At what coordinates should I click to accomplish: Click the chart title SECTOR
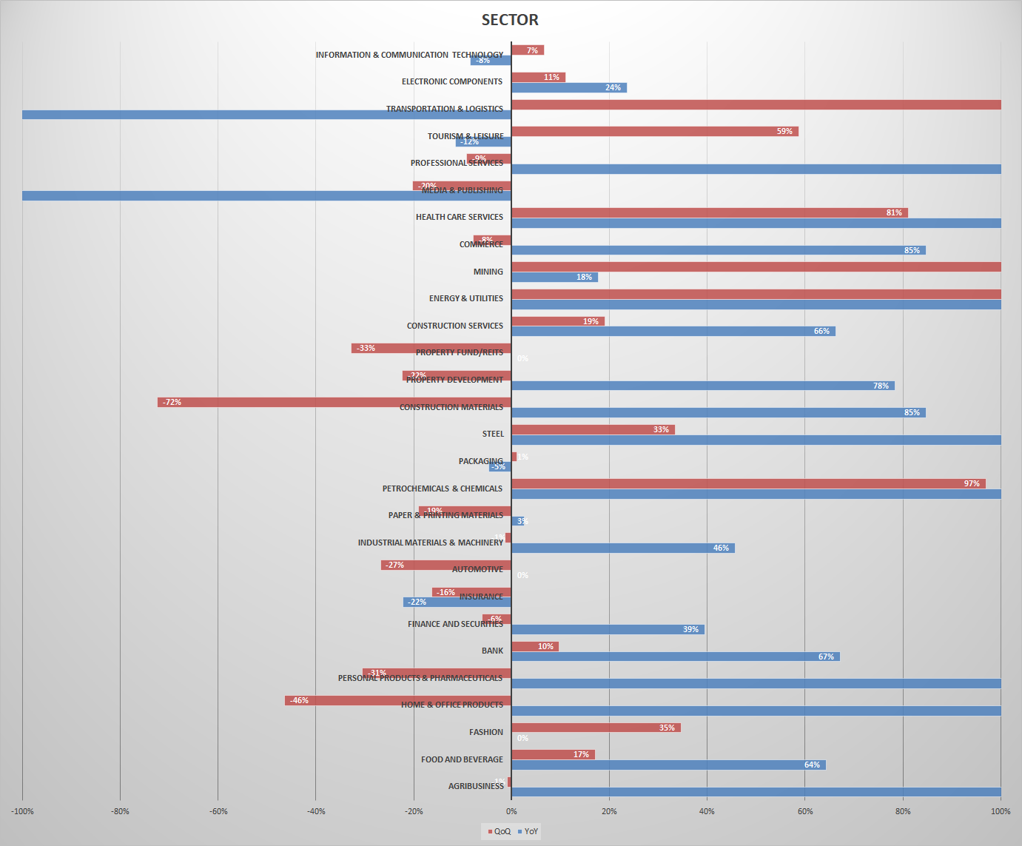[x=510, y=20]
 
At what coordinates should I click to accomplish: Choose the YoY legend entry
[x=528, y=831]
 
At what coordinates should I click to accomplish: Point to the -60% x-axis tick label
[x=218, y=811]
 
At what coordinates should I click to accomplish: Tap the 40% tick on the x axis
[x=707, y=811]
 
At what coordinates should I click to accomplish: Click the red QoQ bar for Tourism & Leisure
[x=654, y=132]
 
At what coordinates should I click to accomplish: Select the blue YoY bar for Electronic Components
[x=568, y=88]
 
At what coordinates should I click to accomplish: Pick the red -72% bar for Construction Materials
[x=334, y=403]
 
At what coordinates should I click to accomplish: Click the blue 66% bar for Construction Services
[x=673, y=332]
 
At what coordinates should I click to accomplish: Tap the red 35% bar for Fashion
[x=596, y=728]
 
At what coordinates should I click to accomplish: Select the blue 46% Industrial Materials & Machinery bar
[x=622, y=548]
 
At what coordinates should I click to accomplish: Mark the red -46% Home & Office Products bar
[x=397, y=701]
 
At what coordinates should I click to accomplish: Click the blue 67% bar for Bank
[x=675, y=657]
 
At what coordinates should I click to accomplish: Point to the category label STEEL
[x=493, y=434]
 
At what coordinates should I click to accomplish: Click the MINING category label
[x=488, y=272]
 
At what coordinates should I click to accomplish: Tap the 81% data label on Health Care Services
[x=894, y=213]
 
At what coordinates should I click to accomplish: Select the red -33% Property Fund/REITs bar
[x=431, y=349]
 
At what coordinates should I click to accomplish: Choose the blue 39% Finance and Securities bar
[x=607, y=630]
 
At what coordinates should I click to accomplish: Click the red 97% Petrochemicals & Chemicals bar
[x=747, y=484]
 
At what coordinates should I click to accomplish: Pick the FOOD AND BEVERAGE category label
[x=462, y=759]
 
